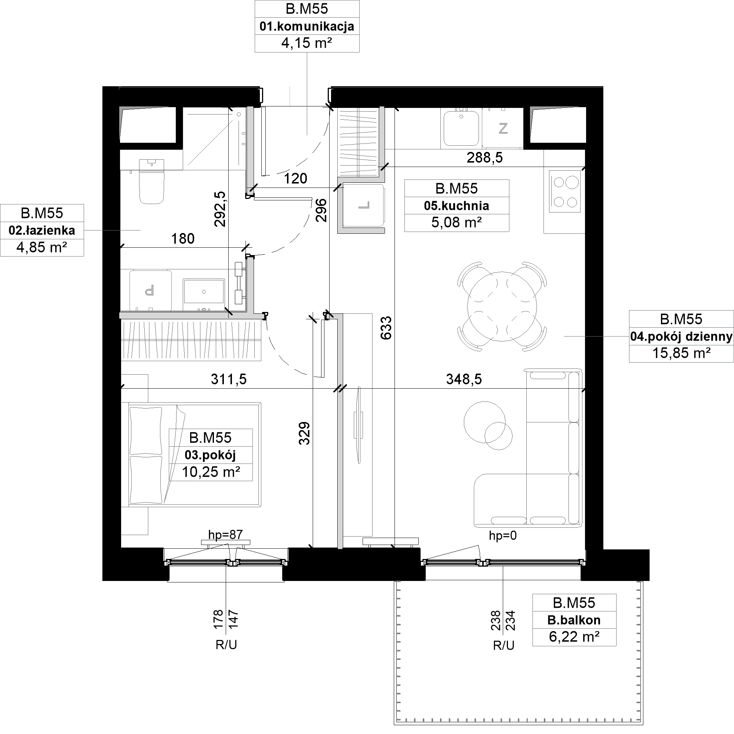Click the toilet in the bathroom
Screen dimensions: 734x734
[152, 181]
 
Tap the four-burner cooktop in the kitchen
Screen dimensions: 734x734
[564, 191]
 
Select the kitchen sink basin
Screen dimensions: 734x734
[461, 128]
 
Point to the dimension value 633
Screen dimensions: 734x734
[386, 328]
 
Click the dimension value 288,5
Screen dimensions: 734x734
[484, 157]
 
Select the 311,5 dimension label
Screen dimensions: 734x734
[229, 379]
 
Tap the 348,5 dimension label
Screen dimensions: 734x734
[464, 379]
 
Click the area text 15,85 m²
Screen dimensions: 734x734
[681, 353]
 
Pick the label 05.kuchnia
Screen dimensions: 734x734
[456, 206]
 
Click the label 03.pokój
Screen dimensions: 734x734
[210, 455]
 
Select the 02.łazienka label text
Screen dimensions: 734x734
[42, 230]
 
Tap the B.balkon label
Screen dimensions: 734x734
[574, 620]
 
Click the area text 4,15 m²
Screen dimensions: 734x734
[306, 43]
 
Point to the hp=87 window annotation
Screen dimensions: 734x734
[225, 535]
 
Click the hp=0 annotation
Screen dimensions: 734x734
[503, 535]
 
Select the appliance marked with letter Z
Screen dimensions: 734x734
[503, 128]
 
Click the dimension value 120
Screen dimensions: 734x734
[295, 178]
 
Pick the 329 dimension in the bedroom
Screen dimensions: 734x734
[304, 433]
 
